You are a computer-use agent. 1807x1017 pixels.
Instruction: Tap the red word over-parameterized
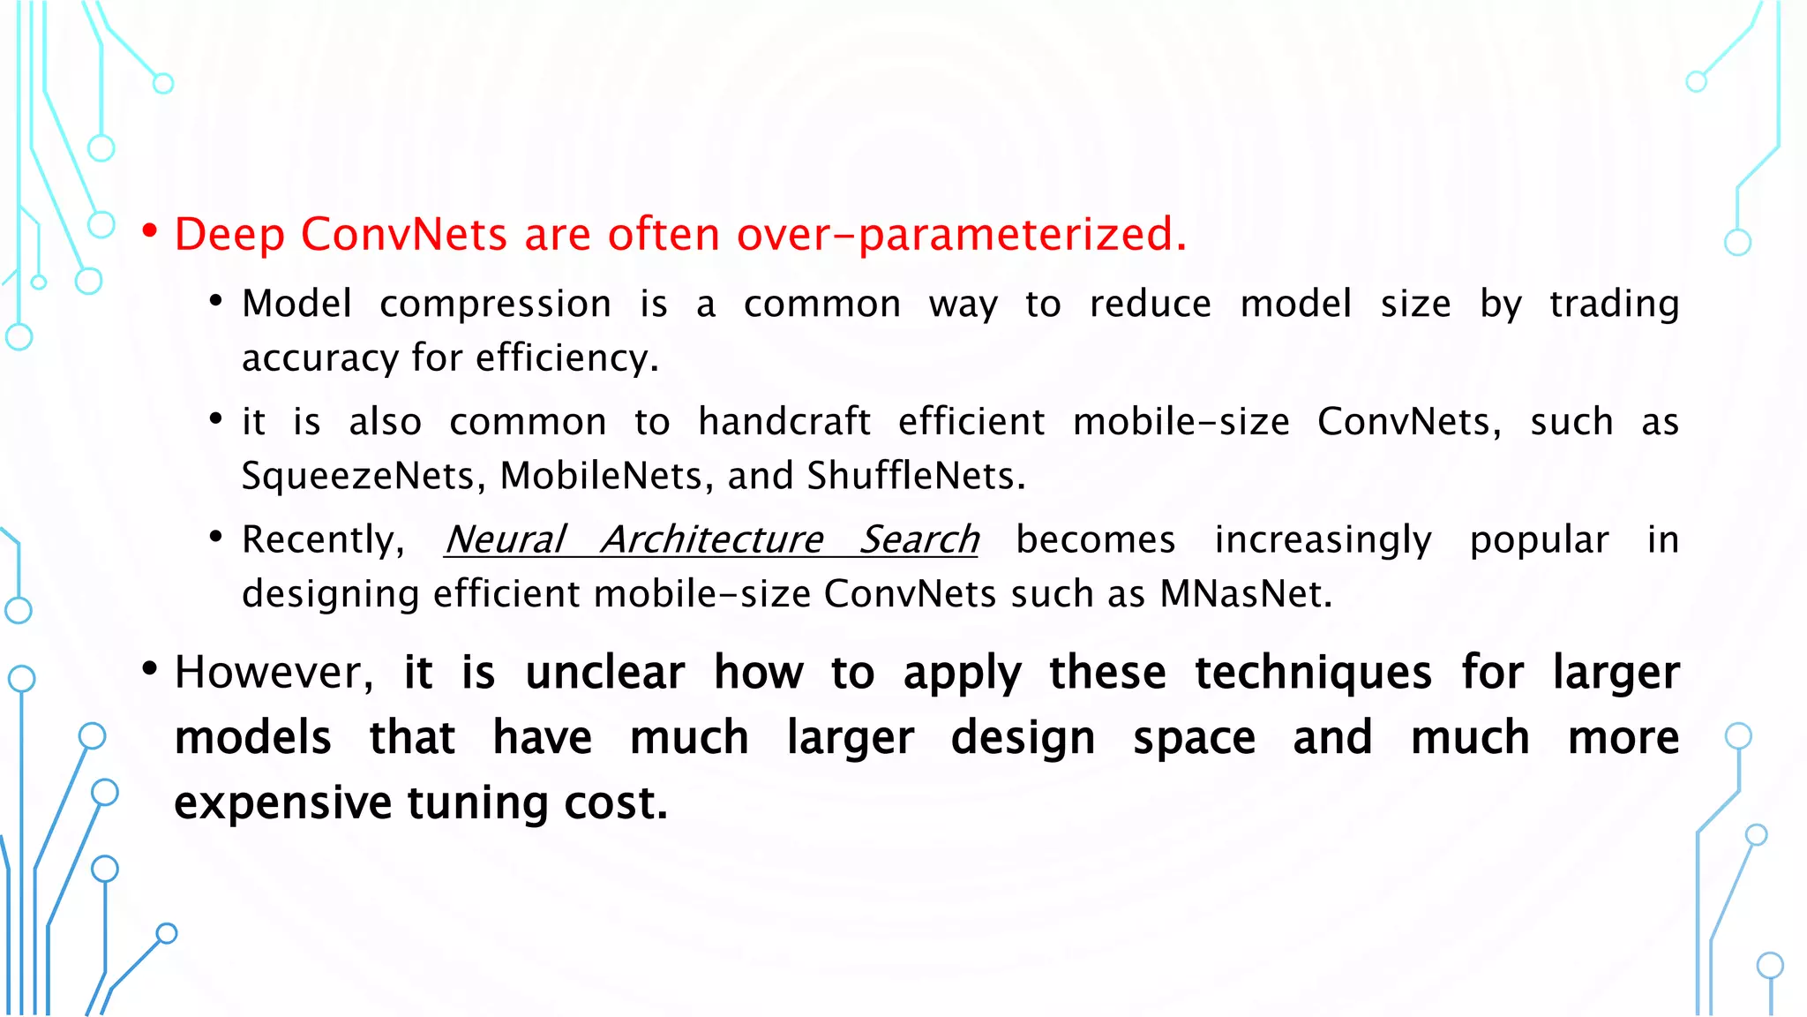click(x=960, y=235)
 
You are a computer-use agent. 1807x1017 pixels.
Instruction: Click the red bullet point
click(x=150, y=232)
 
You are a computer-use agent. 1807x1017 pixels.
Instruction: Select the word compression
click(x=495, y=305)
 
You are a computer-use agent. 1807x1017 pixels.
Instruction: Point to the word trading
click(x=1614, y=305)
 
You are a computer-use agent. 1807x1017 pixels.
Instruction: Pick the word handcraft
click(x=784, y=422)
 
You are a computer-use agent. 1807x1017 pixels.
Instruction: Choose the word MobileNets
click(x=601, y=476)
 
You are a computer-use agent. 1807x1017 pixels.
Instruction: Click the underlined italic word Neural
click(x=505, y=540)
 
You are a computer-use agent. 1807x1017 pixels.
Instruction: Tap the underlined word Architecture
click(x=712, y=540)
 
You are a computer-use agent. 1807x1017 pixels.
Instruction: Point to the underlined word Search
click(x=919, y=540)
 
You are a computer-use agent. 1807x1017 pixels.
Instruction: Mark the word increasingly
click(x=1323, y=540)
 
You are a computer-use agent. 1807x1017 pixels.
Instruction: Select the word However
click(x=268, y=673)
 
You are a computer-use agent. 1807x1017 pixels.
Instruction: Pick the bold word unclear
click(x=604, y=673)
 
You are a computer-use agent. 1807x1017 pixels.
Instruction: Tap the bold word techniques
click(x=1313, y=673)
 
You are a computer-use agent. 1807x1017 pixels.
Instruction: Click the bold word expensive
click(x=282, y=803)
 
